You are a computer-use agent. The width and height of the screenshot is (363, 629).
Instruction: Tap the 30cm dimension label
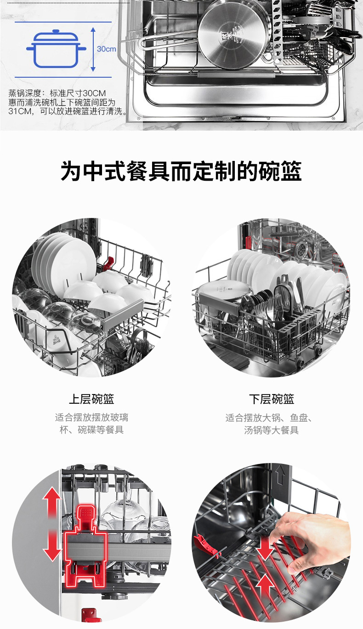(106, 49)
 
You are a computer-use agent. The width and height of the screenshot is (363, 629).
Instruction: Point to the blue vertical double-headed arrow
(93, 49)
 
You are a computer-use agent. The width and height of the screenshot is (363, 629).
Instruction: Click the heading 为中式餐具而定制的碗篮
(181, 171)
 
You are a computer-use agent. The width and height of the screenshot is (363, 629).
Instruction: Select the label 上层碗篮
(91, 399)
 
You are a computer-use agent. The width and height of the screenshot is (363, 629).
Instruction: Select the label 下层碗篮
(272, 399)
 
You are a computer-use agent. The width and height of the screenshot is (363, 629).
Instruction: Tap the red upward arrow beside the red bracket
(52, 503)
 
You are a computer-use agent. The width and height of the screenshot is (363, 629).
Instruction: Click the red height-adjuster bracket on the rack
(85, 546)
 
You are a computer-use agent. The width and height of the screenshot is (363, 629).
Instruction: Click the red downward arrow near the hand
(265, 548)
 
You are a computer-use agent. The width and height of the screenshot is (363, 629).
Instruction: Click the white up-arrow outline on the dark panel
(281, 475)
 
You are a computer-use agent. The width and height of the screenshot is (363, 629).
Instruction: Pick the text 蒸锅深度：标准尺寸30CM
(57, 93)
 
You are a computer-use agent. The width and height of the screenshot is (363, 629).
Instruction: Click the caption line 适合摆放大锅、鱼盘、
(269, 418)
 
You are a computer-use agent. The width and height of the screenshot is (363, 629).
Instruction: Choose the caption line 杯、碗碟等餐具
(91, 430)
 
